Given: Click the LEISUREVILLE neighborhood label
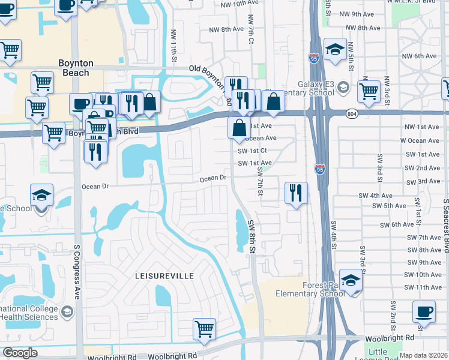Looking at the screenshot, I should tap(163, 275).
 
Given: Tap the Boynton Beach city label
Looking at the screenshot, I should tap(76, 68).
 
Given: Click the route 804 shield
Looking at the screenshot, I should tap(353, 113).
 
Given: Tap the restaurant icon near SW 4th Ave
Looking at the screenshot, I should tap(296, 193).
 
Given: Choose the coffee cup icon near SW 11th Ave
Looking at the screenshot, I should tap(424, 313).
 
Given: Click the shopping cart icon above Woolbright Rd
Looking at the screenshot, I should tap(204, 329).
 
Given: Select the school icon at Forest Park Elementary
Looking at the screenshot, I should tap(351, 281).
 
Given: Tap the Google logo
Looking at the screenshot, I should tap(20, 353).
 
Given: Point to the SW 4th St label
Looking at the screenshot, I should tap(333, 236).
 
